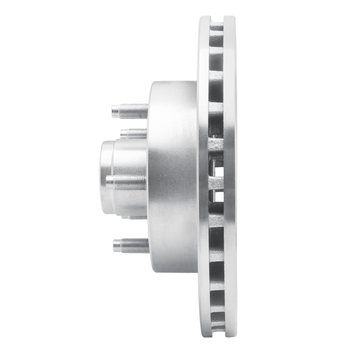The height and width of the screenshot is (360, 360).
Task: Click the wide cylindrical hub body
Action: point(173,178)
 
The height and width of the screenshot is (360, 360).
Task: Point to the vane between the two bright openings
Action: point(217,184)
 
